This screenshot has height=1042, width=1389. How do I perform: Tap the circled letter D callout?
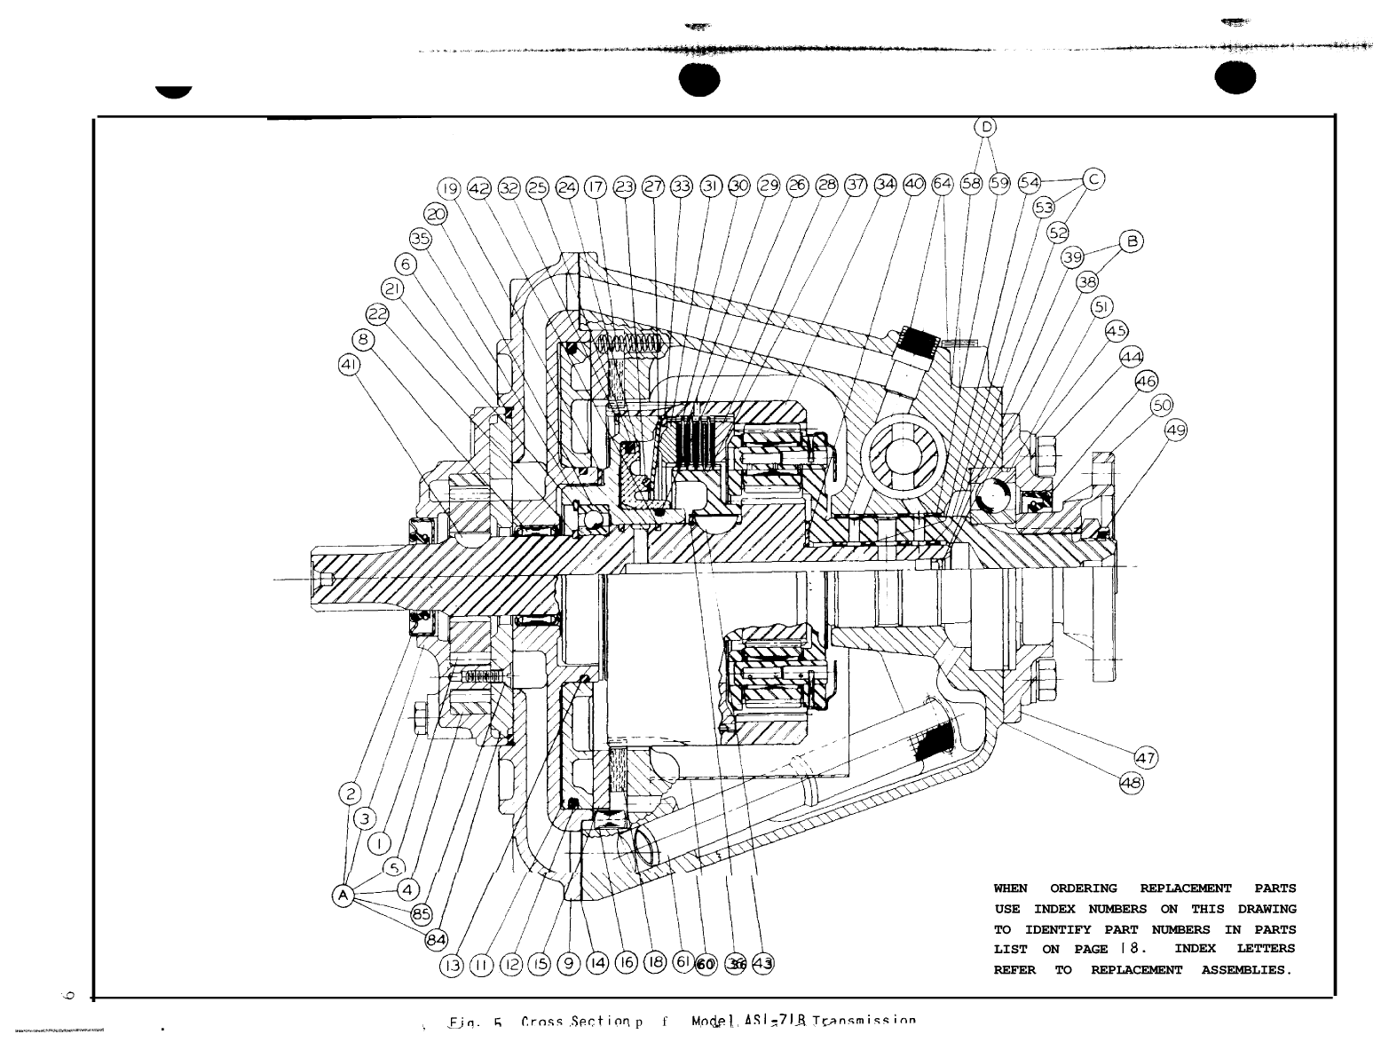point(986,127)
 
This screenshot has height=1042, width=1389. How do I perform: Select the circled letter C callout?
point(1093,179)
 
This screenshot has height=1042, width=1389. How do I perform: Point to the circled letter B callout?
point(1132,241)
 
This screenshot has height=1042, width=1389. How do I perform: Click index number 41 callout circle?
point(350,363)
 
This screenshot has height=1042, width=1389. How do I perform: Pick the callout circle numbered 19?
point(450,188)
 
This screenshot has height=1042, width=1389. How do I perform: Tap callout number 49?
point(1176,430)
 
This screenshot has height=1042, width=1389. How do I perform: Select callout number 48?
point(1131,783)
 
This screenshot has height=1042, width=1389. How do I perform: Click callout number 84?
point(438,938)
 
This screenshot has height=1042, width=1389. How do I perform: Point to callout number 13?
point(452,964)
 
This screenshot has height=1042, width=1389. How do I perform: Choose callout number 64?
point(943,184)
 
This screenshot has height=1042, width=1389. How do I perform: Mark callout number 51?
point(1101,307)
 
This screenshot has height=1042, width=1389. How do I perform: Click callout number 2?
point(351,793)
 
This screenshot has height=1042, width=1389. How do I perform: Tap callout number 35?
point(421,238)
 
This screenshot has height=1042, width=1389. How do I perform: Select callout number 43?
point(762,964)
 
